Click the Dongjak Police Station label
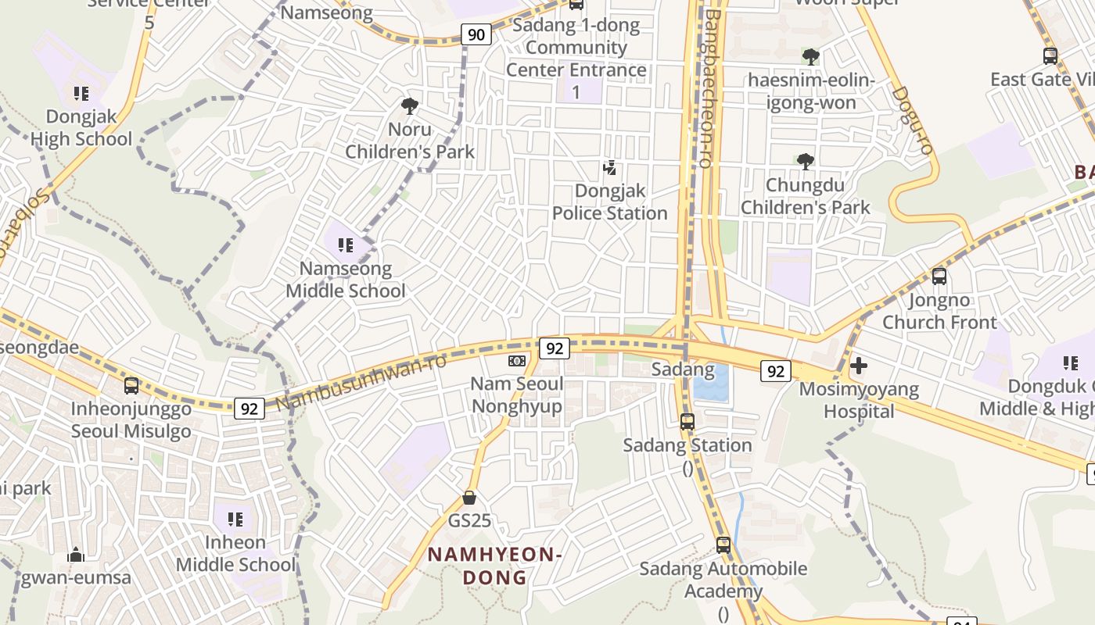click(610, 202)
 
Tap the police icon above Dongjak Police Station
click(610, 167)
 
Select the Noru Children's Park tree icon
click(409, 105)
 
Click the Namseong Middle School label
click(346, 280)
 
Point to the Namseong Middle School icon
click(346, 245)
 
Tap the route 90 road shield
click(476, 34)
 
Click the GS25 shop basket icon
click(469, 497)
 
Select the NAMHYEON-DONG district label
click(495, 566)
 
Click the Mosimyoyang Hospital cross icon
click(859, 365)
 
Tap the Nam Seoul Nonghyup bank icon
click(516, 360)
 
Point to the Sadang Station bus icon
click(688, 422)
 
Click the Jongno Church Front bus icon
click(939, 276)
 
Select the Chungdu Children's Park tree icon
click(805, 162)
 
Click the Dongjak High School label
click(81, 127)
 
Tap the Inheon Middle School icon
click(235, 518)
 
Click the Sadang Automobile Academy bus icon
click(723, 545)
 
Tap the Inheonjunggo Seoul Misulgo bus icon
click(131, 385)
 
